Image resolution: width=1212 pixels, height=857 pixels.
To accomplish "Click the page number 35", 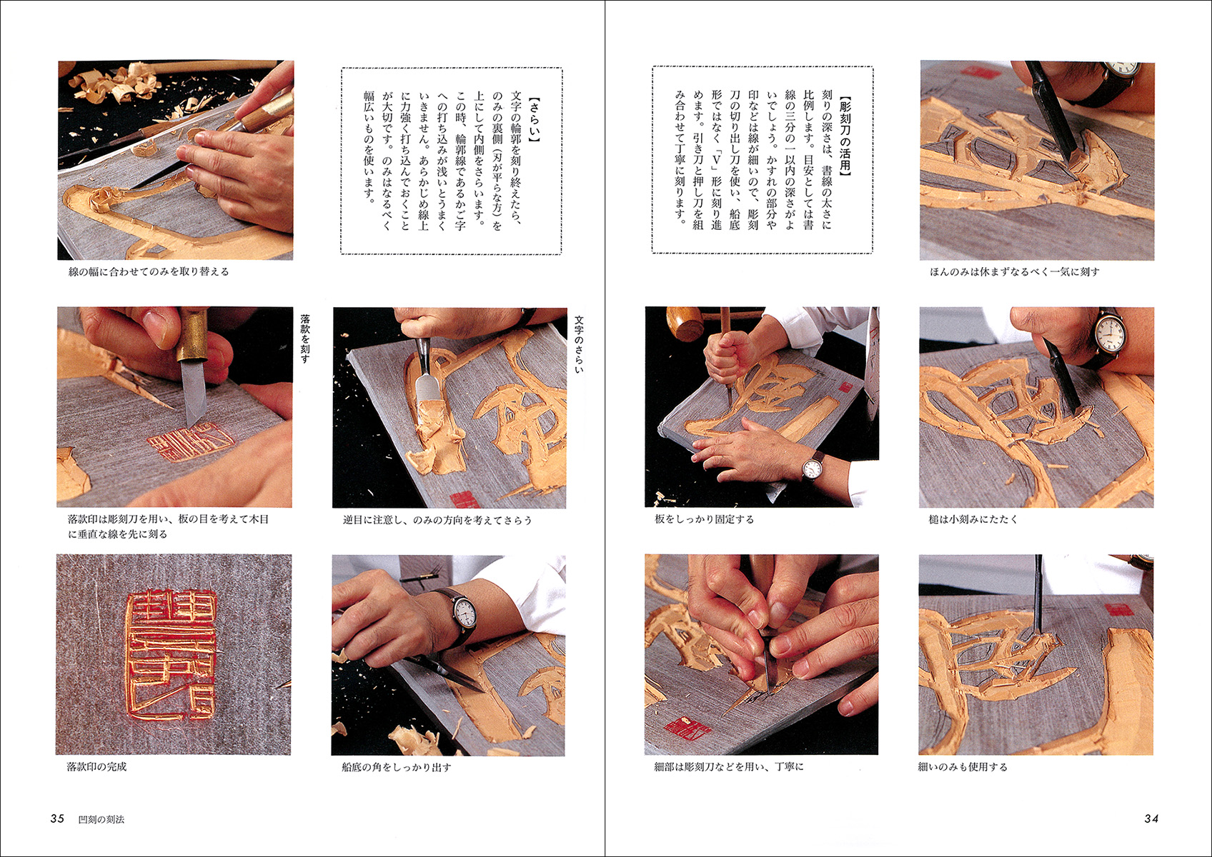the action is [x=57, y=818].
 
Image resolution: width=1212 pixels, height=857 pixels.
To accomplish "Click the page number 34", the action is [x=1151, y=818].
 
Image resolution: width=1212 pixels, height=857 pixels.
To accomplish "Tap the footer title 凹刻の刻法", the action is [x=101, y=819].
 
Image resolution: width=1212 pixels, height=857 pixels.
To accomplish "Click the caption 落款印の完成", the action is [x=96, y=767].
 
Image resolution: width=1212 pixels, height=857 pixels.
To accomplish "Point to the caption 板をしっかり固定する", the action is [x=704, y=520].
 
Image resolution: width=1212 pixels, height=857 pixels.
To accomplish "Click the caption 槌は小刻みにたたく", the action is [x=973, y=520].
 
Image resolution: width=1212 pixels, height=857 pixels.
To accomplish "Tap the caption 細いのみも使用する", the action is [x=963, y=767].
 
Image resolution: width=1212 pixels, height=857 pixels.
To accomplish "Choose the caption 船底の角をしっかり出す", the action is [x=397, y=767].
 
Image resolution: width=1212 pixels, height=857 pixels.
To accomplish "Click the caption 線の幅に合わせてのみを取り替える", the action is [x=148, y=271].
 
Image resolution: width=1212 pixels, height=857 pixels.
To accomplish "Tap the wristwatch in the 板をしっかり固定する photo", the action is [x=812, y=469].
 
